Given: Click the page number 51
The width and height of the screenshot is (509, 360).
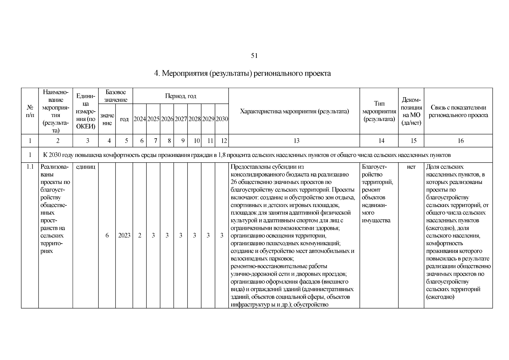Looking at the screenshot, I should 254,56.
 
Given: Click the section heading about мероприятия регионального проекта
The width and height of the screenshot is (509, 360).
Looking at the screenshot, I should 242,73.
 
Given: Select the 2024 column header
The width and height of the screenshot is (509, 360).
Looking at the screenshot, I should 139,119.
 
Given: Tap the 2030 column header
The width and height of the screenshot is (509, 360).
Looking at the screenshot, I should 222,119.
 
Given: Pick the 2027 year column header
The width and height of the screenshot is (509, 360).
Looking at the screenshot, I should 181,119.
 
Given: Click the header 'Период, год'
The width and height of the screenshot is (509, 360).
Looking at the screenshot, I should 181,96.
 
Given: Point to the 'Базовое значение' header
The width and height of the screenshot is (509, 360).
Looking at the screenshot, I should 115,96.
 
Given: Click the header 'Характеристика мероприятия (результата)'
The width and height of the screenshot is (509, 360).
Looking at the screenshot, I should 294,112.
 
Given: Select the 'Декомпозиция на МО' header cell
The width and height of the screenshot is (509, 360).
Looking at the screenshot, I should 411,111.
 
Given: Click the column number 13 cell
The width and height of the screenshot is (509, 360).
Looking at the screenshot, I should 296,141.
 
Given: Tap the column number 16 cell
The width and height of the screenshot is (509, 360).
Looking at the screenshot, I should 461,141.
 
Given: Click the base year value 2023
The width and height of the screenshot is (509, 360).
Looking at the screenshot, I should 124,235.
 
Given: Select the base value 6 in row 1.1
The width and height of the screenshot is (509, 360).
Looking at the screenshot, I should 107,235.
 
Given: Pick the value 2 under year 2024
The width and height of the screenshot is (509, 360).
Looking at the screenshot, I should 139,235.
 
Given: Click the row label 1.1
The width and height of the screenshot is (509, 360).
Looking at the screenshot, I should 30,167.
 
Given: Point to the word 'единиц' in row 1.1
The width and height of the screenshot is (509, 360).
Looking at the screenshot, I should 85,167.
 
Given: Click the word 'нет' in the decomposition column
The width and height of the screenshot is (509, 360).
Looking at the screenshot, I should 411,167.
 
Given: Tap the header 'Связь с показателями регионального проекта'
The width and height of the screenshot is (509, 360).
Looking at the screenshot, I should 458,111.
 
